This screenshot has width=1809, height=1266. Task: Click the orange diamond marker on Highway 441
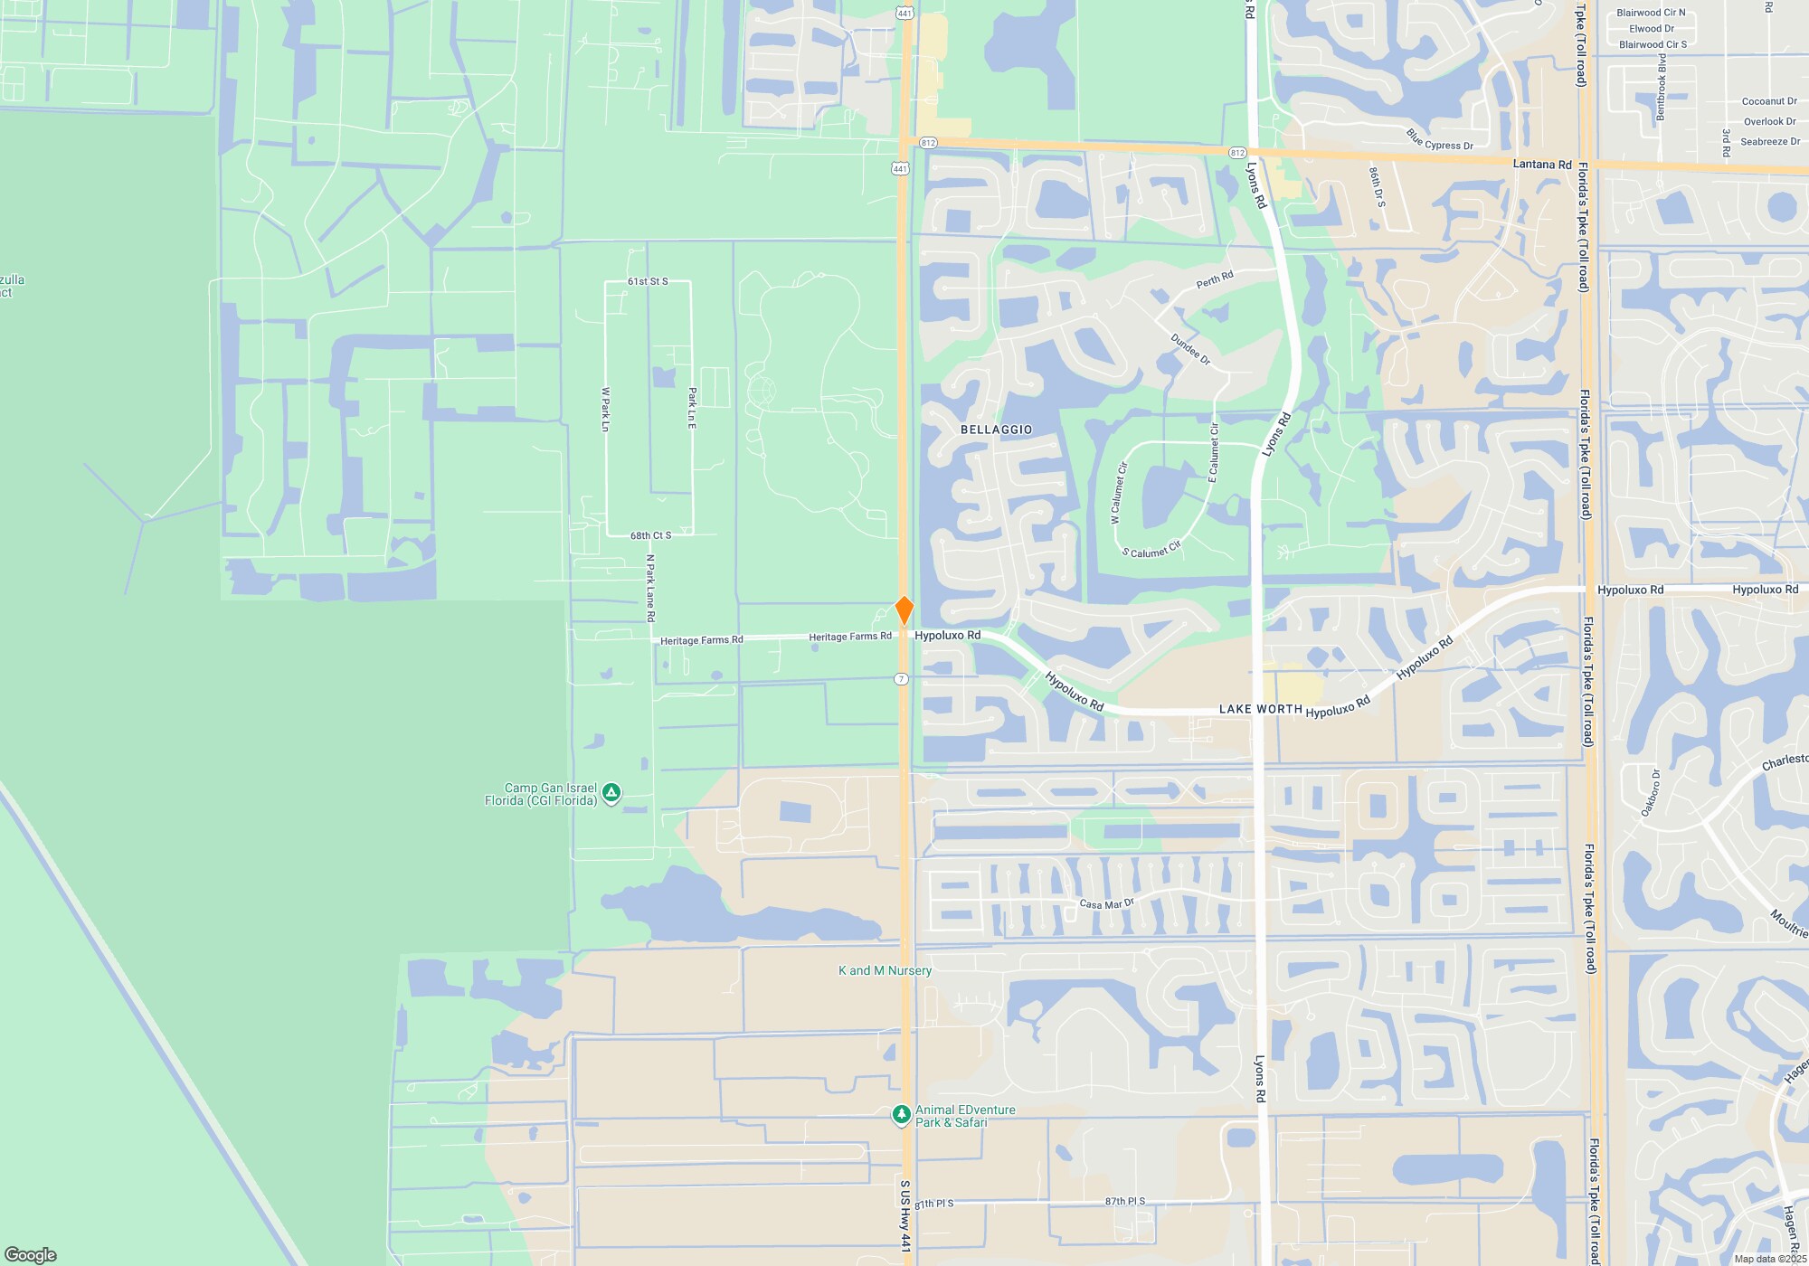tap(904, 610)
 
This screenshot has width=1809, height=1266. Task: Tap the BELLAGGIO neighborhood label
tap(996, 430)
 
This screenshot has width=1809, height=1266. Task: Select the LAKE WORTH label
tap(1260, 709)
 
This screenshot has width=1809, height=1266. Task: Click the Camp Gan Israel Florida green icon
tap(611, 794)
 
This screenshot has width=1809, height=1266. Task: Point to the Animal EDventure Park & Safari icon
tap(901, 1115)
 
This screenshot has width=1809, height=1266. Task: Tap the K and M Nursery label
tap(885, 970)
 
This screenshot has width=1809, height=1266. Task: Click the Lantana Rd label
tap(1542, 165)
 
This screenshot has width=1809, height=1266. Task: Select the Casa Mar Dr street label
tap(1106, 903)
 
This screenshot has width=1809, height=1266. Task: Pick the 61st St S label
tap(648, 281)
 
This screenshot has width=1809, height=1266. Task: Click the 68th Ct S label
tap(650, 535)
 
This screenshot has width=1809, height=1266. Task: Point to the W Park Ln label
tap(606, 409)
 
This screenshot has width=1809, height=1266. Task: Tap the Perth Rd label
tap(1214, 280)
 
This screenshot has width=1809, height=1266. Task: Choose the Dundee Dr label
tap(1190, 350)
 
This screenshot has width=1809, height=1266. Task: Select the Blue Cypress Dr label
tap(1440, 139)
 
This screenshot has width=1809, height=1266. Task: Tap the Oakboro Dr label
tap(1651, 792)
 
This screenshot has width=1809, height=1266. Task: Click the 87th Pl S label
tap(1124, 1201)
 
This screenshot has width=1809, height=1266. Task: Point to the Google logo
tap(31, 1254)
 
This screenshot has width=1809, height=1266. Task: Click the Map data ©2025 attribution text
tap(1770, 1259)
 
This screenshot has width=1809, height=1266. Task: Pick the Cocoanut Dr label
tap(1769, 101)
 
